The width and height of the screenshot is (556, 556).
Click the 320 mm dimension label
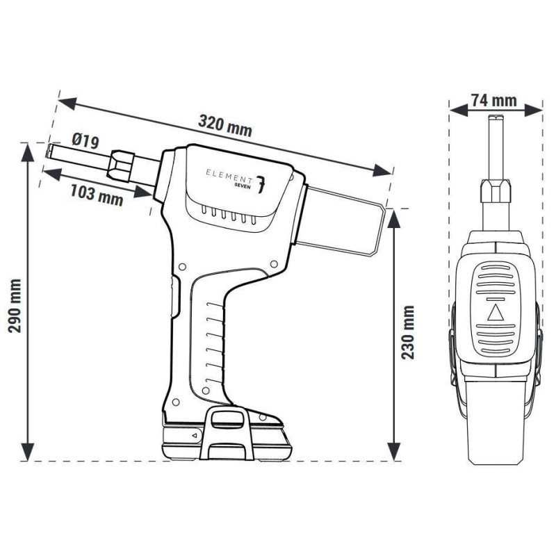[224, 126]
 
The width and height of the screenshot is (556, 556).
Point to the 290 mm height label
[15, 305]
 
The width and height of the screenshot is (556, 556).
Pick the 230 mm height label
[409, 332]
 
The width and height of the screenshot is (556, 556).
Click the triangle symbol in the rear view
[495, 311]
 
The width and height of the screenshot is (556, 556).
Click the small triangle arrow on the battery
[194, 435]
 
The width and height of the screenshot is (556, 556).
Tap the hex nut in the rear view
[495, 189]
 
